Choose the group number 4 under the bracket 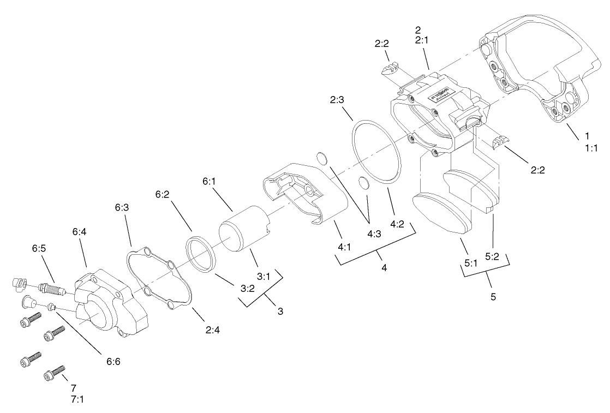coord(384,268)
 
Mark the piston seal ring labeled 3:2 coord(201,254)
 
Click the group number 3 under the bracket coord(280,312)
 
